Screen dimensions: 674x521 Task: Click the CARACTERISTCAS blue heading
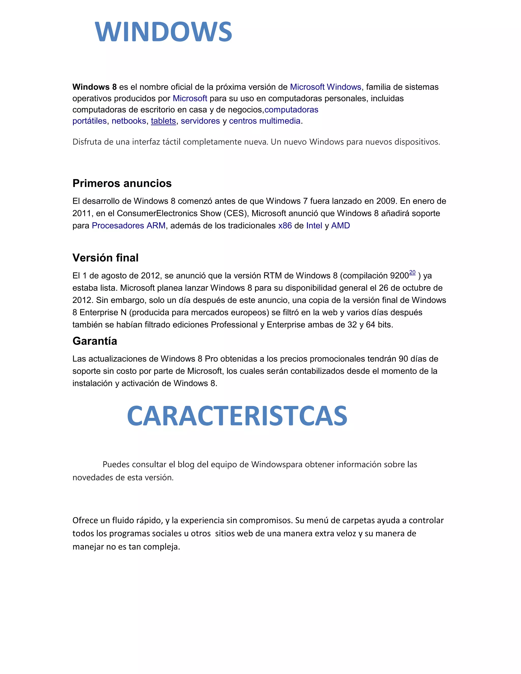click(x=237, y=416)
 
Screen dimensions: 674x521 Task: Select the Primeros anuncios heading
click(x=122, y=183)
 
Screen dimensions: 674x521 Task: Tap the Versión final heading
click(x=105, y=258)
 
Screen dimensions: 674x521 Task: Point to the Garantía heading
click(x=95, y=341)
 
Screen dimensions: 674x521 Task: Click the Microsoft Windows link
click(x=325, y=87)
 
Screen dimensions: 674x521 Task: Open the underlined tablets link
click(x=163, y=121)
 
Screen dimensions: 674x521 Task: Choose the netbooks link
click(x=129, y=121)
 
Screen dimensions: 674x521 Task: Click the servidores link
click(x=200, y=121)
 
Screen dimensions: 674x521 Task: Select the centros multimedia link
click(x=265, y=121)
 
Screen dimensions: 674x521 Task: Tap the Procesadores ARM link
click(x=128, y=226)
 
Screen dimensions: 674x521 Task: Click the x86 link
click(x=285, y=226)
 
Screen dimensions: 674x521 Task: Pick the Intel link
click(x=314, y=226)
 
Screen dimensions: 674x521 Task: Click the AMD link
click(x=340, y=226)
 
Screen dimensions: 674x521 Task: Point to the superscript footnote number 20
click(x=412, y=272)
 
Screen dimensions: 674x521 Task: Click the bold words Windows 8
click(x=94, y=87)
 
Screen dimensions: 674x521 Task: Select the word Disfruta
click(x=87, y=142)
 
